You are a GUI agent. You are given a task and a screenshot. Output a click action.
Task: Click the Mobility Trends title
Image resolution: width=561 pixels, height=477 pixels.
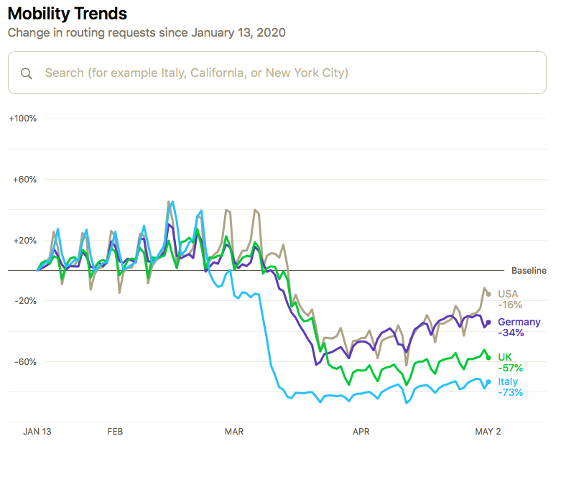(x=67, y=14)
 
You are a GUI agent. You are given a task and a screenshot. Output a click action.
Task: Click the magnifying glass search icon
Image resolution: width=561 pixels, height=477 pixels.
(x=27, y=73)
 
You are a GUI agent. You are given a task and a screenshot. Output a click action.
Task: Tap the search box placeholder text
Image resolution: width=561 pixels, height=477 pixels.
(x=196, y=73)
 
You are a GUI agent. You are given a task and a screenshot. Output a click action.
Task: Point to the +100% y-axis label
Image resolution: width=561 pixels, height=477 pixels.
(x=22, y=118)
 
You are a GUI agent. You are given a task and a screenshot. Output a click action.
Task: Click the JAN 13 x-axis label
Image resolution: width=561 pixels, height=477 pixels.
(x=37, y=432)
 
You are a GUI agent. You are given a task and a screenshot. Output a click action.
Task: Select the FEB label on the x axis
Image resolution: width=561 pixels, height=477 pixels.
(x=115, y=432)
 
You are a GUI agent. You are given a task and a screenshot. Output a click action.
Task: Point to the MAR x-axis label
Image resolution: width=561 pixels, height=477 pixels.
(x=234, y=432)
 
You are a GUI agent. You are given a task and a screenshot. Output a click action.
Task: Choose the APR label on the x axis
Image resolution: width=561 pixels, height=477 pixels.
(x=361, y=432)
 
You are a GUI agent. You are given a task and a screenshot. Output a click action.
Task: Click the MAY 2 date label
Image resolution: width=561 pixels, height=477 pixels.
(x=488, y=432)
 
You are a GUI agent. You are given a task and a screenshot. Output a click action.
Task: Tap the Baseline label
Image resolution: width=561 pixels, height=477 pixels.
(x=529, y=271)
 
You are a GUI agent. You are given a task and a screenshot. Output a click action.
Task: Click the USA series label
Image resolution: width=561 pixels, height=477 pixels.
(x=508, y=294)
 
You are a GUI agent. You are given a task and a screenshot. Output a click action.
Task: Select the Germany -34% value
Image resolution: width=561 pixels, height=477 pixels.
(x=511, y=333)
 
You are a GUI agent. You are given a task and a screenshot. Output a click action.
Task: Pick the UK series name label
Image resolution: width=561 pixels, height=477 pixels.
(x=505, y=357)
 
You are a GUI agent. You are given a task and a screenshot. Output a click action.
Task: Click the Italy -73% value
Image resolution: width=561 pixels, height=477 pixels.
(x=511, y=392)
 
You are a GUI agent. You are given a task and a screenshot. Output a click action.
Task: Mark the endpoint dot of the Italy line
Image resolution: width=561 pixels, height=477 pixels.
(x=488, y=382)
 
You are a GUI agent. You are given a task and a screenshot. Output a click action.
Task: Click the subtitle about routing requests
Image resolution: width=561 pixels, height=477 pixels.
(x=147, y=32)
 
